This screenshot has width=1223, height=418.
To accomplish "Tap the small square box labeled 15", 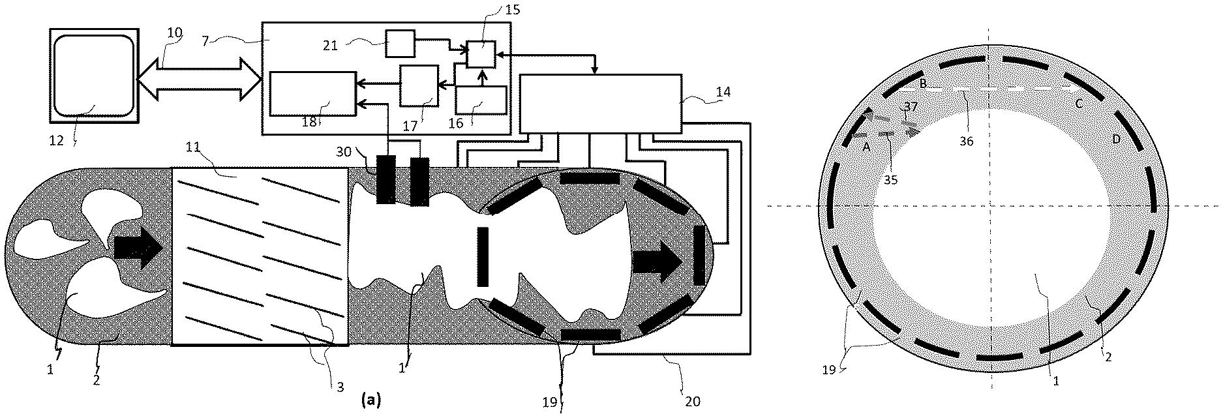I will point(481,53).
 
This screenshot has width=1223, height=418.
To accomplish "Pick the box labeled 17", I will point(418,85).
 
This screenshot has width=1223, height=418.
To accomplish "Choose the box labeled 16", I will point(480,100).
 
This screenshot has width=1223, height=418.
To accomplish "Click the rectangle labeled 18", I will point(312,94).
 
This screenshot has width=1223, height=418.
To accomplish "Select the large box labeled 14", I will point(599,103).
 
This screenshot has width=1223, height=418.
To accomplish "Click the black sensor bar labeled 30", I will point(386,179).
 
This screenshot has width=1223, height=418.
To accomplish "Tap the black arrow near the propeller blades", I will point(138,248).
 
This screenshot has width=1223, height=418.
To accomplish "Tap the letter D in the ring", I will point(1116,140).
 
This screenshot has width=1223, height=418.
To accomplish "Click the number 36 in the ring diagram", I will point(967,140).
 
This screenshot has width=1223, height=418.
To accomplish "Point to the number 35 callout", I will point(890,180).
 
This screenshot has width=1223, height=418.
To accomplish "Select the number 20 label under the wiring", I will point(692,401).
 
